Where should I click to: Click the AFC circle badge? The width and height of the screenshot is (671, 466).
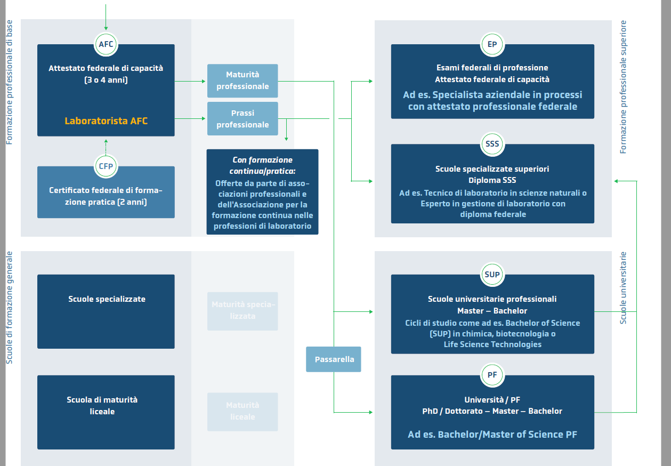click(x=106, y=44)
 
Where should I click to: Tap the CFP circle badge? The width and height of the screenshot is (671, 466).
click(x=106, y=166)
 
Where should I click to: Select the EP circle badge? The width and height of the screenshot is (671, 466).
click(x=492, y=44)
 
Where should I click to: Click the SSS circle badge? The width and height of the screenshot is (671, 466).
click(x=492, y=144)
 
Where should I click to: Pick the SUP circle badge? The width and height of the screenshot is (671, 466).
click(x=492, y=275)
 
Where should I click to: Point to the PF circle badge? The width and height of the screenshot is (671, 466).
click(x=492, y=375)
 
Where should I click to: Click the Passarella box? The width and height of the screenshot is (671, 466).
click(x=334, y=359)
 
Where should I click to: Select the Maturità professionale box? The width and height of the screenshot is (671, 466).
click(x=242, y=81)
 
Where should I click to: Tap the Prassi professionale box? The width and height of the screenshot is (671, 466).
click(x=242, y=119)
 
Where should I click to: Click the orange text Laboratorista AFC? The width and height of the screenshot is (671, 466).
click(x=106, y=121)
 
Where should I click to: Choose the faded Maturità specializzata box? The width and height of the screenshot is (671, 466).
click(x=242, y=311)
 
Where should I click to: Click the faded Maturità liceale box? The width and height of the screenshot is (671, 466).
click(x=242, y=412)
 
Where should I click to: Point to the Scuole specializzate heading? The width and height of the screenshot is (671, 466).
click(x=107, y=299)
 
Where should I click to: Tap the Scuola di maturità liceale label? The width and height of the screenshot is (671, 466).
click(x=102, y=405)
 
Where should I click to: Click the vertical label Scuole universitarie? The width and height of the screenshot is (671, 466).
click(x=624, y=288)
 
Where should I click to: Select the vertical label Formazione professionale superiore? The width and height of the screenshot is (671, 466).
click(x=624, y=87)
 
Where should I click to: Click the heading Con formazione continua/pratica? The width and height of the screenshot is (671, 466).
click(x=262, y=165)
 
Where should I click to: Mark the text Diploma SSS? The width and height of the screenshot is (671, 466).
click(x=492, y=180)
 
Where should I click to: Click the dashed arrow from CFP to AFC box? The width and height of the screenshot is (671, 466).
click(x=106, y=146)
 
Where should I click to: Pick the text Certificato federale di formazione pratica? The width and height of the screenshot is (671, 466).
click(x=106, y=196)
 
